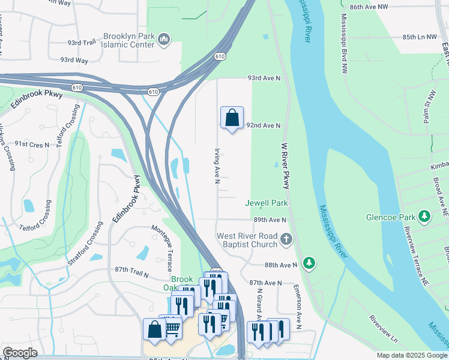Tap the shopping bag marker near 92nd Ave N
click(232, 118)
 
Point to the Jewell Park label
click(267, 203)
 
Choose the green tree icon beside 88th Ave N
click(309, 263)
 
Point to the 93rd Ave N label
click(264, 79)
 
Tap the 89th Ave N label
click(270, 220)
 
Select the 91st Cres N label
click(32, 144)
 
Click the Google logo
click(20, 353)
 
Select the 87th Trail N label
click(131, 274)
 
